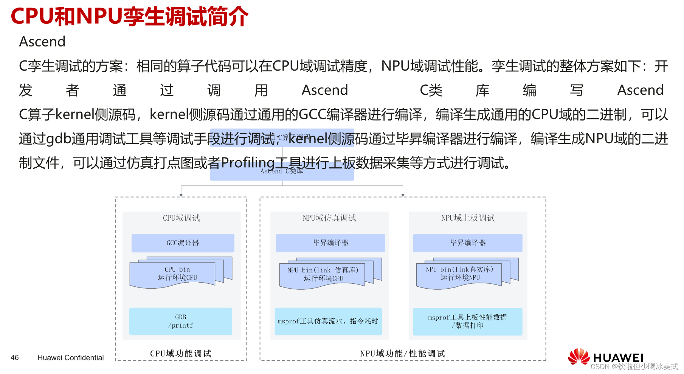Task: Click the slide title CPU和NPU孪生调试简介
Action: pyautogui.click(x=129, y=17)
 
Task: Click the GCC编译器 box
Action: pyautogui.click(x=183, y=243)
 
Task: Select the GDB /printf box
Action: pyautogui.click(x=180, y=321)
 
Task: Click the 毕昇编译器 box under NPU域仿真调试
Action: pyautogui.click(x=330, y=243)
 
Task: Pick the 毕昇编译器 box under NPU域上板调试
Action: pyautogui.click(x=467, y=243)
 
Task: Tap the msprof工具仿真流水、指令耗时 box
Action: pyautogui.click(x=328, y=321)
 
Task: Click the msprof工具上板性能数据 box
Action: pyautogui.click(x=467, y=321)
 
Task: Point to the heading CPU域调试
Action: pyautogui.click(x=181, y=218)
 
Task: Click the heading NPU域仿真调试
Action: pyautogui.click(x=329, y=218)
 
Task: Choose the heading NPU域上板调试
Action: pyautogui.click(x=467, y=218)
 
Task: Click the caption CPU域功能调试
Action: pyautogui.click(x=180, y=354)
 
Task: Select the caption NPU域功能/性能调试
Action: pyautogui.click(x=402, y=354)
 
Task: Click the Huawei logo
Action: pyautogui.click(x=605, y=357)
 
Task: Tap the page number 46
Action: pyautogui.click(x=15, y=357)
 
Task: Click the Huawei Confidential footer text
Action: pyautogui.click(x=70, y=357)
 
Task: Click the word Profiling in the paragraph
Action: pyautogui.click(x=248, y=163)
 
